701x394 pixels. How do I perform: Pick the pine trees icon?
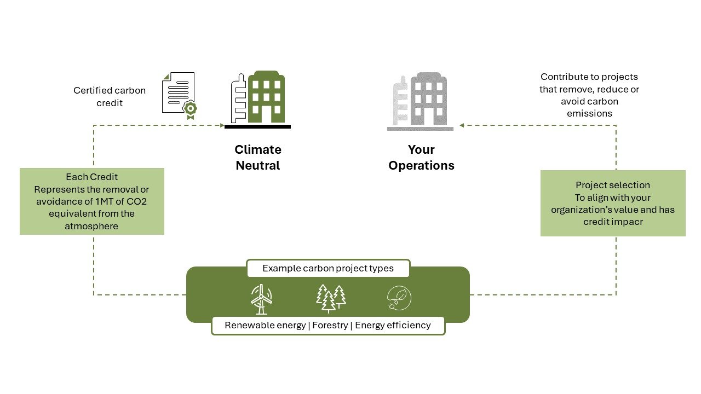point(331,298)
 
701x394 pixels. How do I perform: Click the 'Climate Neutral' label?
point(258,158)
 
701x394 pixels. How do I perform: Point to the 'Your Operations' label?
point(421,158)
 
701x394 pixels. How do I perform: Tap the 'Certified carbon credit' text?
point(110,96)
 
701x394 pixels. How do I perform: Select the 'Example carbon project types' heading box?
point(328,269)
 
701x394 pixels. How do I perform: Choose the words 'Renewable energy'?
point(265,326)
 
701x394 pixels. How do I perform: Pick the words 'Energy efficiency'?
point(393,326)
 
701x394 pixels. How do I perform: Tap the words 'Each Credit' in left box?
point(91,177)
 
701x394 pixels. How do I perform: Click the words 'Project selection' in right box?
point(612,186)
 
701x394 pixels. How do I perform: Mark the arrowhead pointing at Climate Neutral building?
point(221,125)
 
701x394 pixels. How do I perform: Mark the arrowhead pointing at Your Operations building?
point(462,125)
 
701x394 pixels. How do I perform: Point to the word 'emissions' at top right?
point(589,113)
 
